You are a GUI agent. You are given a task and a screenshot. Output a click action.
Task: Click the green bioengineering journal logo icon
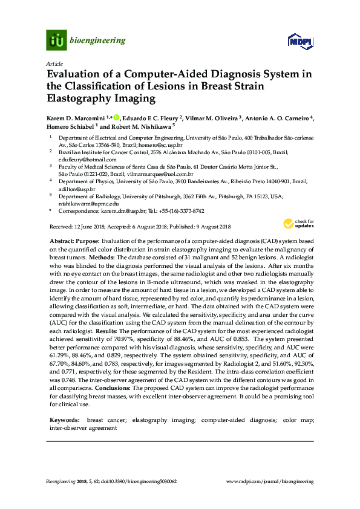pos(56,41)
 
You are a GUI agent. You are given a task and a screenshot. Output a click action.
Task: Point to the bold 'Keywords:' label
pos(65,419)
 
